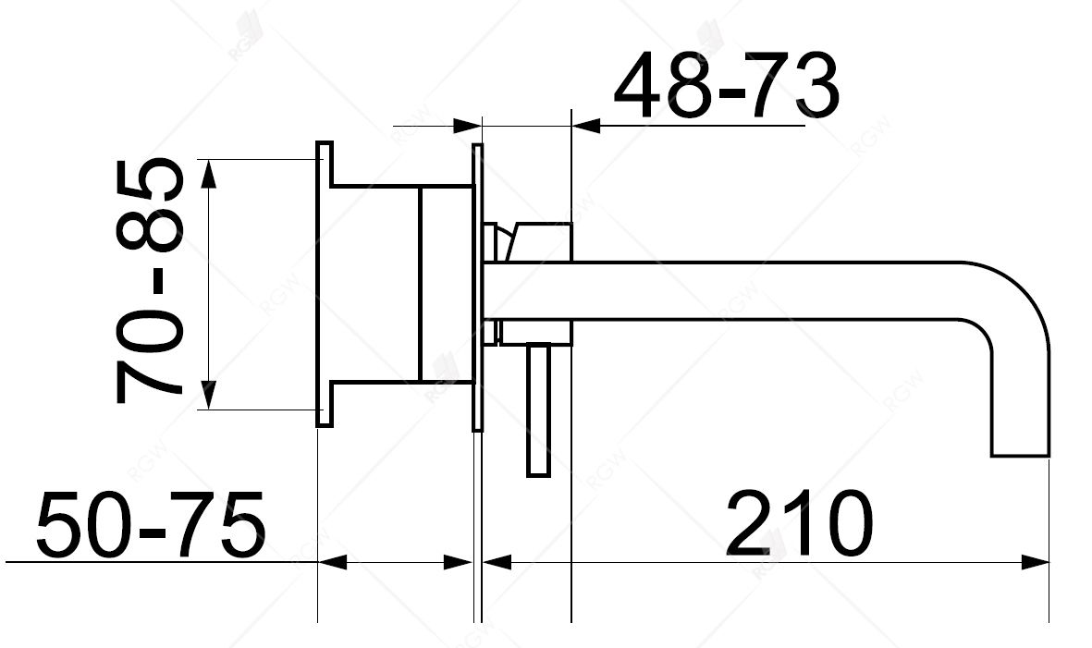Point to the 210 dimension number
[799, 524]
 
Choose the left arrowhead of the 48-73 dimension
[467, 125]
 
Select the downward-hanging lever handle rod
[538, 411]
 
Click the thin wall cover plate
[477, 287]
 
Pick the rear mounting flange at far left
[325, 284]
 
